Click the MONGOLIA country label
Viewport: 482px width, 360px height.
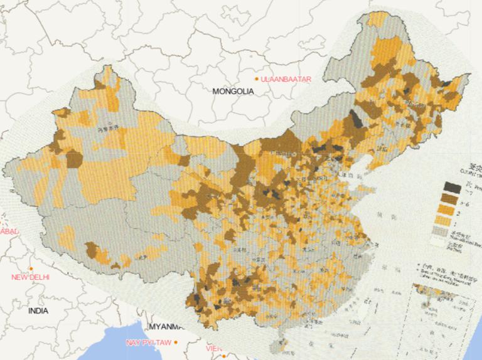[233, 91]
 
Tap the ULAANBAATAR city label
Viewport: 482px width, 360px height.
[286, 78]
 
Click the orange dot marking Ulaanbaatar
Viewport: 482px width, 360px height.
[257, 78]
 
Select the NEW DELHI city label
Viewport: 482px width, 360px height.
[31, 277]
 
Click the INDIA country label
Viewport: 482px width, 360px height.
[38, 310]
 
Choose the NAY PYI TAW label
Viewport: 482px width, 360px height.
[147, 342]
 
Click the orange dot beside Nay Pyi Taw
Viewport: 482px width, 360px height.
[176, 342]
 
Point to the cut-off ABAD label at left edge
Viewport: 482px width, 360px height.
[9, 231]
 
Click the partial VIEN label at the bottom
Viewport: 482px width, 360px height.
[213, 347]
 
